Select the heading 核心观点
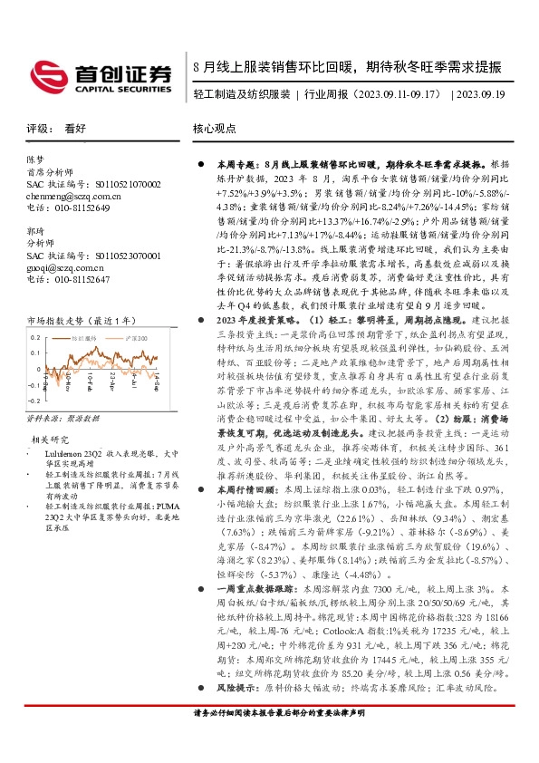(214, 130)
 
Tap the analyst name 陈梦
(36, 159)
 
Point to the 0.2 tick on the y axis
(35, 338)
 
